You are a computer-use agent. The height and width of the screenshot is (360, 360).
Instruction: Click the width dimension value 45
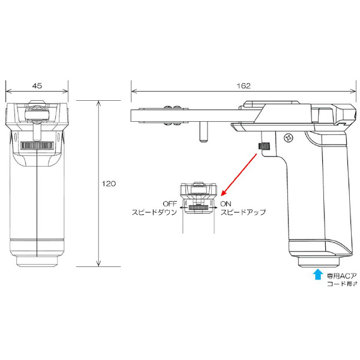click(x=37, y=86)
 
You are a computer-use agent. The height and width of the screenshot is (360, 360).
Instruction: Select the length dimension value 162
click(x=243, y=86)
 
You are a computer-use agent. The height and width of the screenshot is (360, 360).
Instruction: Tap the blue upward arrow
click(x=317, y=276)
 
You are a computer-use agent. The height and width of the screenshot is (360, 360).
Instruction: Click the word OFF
click(x=169, y=204)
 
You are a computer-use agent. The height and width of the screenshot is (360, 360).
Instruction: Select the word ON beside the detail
click(x=225, y=204)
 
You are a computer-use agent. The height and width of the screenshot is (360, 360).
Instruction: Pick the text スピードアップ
click(x=243, y=212)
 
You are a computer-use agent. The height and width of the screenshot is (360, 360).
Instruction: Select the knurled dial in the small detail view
click(x=197, y=208)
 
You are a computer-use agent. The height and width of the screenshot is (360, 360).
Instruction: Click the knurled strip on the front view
click(x=37, y=146)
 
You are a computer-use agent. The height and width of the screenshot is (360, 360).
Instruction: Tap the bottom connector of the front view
click(x=37, y=261)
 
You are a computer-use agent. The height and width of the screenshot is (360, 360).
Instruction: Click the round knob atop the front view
click(x=37, y=112)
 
